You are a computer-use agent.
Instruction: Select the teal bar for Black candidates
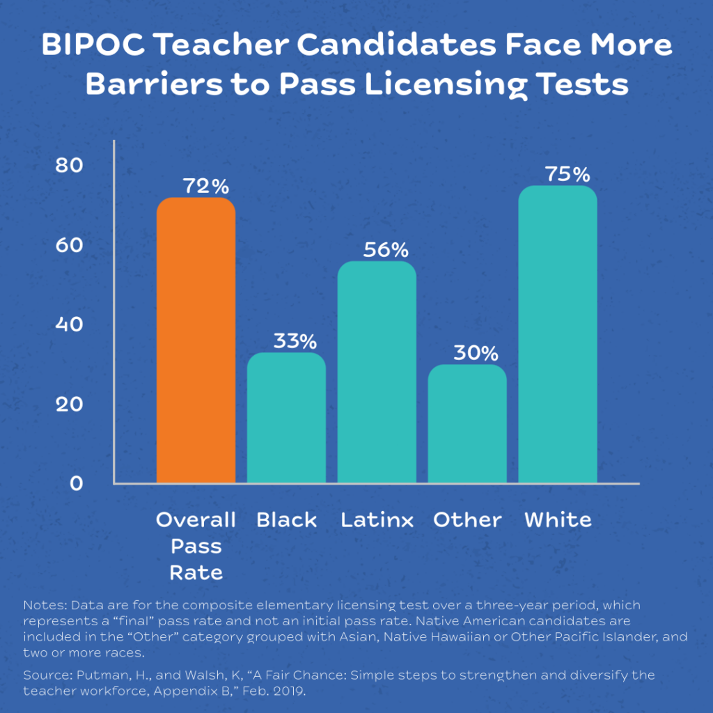pyautogui.click(x=286, y=418)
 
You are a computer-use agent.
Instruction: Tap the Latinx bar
pyautogui.click(x=377, y=372)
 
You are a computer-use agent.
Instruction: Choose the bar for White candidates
pyautogui.click(x=558, y=334)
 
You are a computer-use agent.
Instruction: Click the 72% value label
pyautogui.click(x=205, y=187)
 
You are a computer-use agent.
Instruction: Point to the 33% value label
pyautogui.click(x=295, y=341)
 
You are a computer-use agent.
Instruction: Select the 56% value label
pyautogui.click(x=385, y=250)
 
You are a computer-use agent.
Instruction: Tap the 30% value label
pyautogui.click(x=476, y=352)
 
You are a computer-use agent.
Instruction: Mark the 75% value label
pyautogui.click(x=567, y=174)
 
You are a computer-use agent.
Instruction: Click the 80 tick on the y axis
pyautogui.click(x=69, y=166)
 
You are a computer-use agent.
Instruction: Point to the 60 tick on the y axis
pyautogui.click(x=69, y=246)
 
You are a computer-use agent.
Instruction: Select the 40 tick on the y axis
pyautogui.click(x=69, y=325)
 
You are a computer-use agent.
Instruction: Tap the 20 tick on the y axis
pyautogui.click(x=69, y=405)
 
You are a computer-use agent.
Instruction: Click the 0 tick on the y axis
pyautogui.click(x=76, y=483)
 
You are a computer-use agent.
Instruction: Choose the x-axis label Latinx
pyautogui.click(x=377, y=520)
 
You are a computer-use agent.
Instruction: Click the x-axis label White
pyautogui.click(x=558, y=520)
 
